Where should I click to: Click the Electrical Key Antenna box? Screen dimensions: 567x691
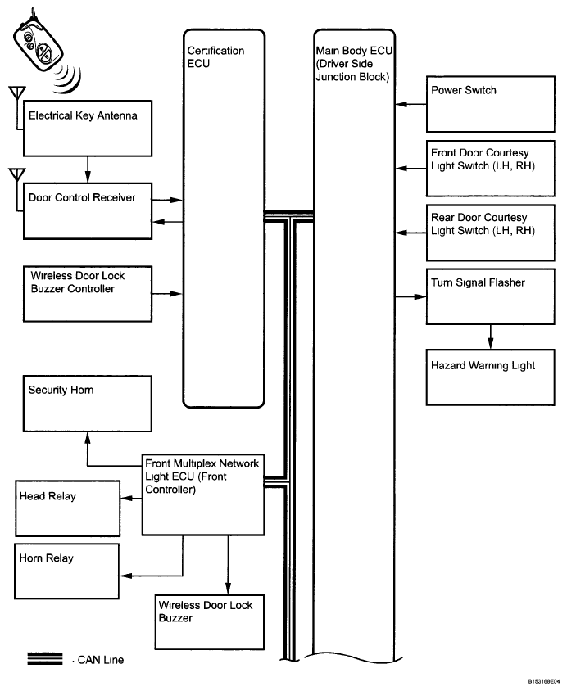point(88,129)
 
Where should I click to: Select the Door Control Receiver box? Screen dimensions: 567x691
point(88,211)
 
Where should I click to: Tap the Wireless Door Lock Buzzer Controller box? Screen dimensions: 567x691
point(88,294)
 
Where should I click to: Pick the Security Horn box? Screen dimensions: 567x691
point(88,404)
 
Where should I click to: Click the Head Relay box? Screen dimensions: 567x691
point(67,508)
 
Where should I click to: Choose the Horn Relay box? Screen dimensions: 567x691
point(66,571)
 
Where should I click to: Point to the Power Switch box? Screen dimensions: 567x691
point(490,104)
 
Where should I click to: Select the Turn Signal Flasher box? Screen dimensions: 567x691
point(490,296)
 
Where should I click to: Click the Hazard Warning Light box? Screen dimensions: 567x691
point(490,377)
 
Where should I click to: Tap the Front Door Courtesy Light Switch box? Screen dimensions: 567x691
point(490,169)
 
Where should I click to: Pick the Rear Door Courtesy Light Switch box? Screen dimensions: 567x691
point(490,233)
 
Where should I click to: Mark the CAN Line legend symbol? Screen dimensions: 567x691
point(45,658)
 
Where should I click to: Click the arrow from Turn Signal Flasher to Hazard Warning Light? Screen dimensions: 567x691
point(490,337)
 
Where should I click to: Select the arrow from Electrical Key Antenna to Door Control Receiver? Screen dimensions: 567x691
point(88,169)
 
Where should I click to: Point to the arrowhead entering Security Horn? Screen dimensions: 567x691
point(88,437)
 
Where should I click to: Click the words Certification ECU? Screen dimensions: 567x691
point(215,56)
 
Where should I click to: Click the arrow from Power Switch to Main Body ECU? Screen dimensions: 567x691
point(411,104)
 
